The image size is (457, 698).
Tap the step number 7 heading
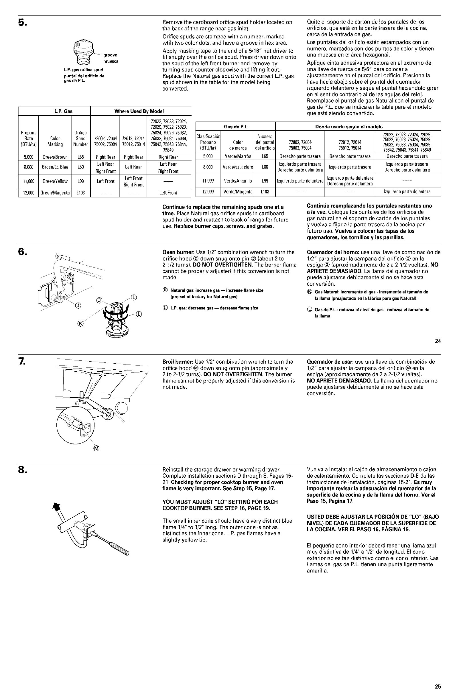pos(22,362)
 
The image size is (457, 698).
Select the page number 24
pos(438,341)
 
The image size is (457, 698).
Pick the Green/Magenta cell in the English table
pos(55,193)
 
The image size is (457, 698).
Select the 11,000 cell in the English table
pos(28,181)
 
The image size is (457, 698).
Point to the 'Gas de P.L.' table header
pos(236,127)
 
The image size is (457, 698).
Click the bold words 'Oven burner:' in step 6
pos(178,252)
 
